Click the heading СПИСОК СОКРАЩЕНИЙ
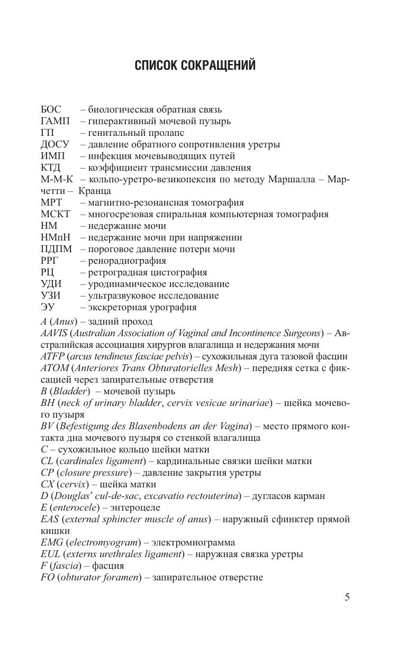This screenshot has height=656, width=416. tap(195, 66)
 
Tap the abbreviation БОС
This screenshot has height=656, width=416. tap(51, 110)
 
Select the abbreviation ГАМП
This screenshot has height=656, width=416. tap(55, 122)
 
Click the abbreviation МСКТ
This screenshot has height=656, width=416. tap(56, 215)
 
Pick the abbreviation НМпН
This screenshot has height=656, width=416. tap(56, 238)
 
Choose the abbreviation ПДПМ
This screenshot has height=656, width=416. tap(56, 250)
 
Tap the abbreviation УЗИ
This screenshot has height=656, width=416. tap(51, 296)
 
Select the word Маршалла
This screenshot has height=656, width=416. tap(298, 180)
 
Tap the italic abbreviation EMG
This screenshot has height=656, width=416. tap(51, 542)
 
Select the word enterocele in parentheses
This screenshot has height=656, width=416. tap(74, 507)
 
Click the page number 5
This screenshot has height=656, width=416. tap(347, 597)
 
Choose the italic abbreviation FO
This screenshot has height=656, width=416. tap(47, 577)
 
